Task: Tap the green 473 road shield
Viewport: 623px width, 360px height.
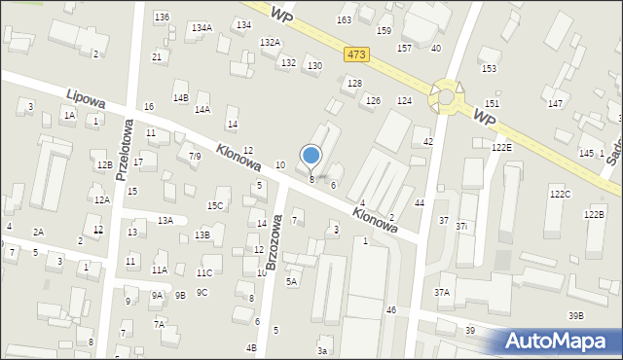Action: pyautogui.click(x=355, y=55)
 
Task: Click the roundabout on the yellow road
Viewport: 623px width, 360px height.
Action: pyautogui.click(x=448, y=96)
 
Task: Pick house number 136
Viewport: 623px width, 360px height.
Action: pyautogui.click(x=162, y=18)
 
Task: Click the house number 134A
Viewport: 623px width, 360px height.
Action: pyautogui.click(x=202, y=27)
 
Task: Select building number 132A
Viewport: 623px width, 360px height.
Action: pyautogui.click(x=270, y=42)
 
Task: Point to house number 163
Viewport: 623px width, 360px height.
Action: pyautogui.click(x=345, y=19)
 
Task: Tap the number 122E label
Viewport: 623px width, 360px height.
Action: pyautogui.click(x=501, y=147)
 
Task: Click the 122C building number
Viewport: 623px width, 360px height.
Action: pyautogui.click(x=560, y=195)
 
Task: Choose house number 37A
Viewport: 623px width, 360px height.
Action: pyautogui.click(x=443, y=292)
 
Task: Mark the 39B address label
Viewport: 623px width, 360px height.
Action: pyautogui.click(x=576, y=315)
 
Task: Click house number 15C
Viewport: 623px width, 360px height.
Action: pyautogui.click(x=215, y=205)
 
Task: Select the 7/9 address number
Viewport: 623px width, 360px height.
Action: pyautogui.click(x=195, y=156)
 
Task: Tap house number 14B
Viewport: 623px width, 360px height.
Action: pyautogui.click(x=180, y=97)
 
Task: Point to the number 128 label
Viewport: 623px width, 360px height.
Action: pyautogui.click(x=355, y=84)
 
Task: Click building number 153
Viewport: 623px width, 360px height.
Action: pyautogui.click(x=489, y=68)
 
